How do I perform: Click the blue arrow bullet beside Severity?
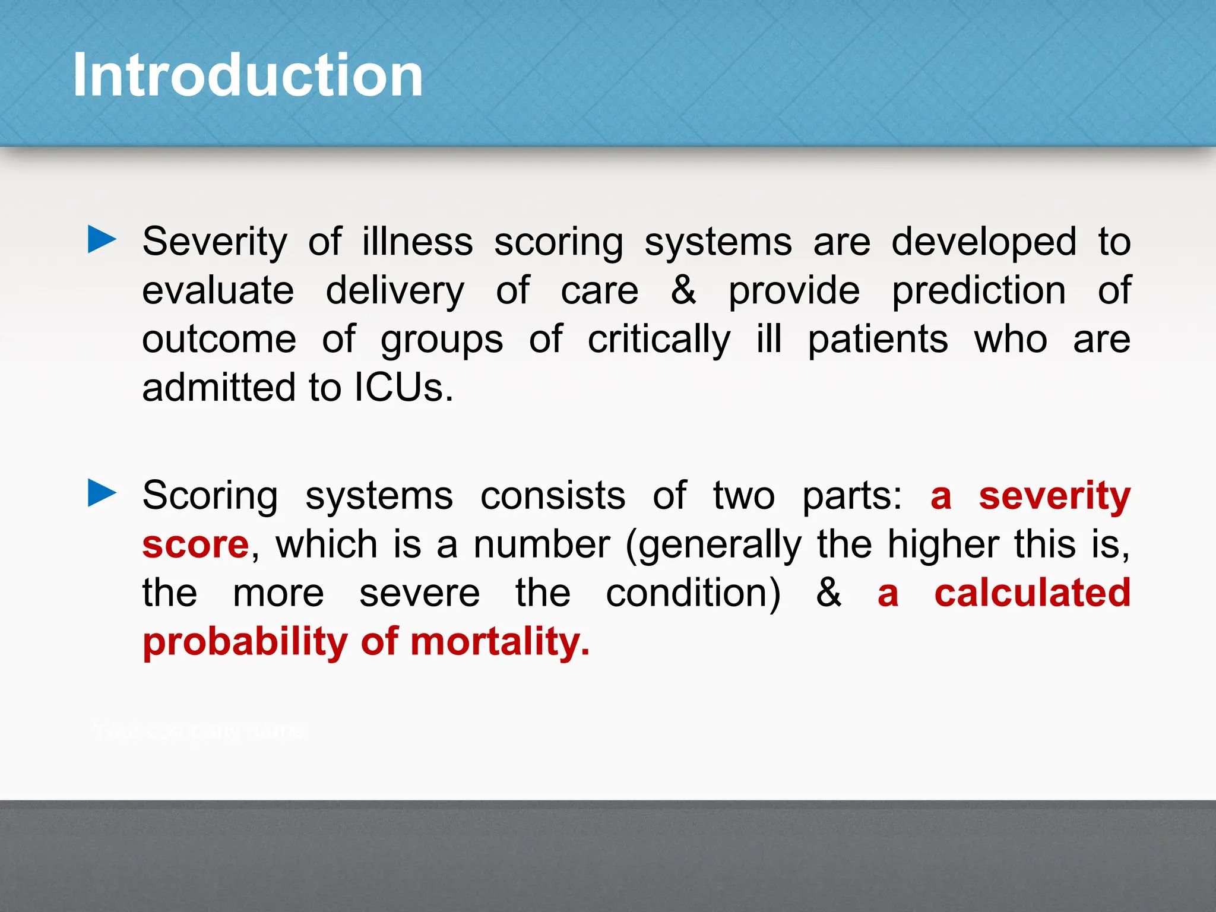[x=102, y=240]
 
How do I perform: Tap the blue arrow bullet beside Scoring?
[x=102, y=493]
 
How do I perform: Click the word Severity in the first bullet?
[x=214, y=242]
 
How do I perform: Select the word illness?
[x=417, y=242]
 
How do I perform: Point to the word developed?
[x=984, y=242]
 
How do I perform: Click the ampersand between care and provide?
[x=683, y=291]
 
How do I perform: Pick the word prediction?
[x=978, y=291]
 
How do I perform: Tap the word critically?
[x=659, y=340]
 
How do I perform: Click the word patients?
[x=878, y=340]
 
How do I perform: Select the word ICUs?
[x=404, y=388]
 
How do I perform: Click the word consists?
[x=552, y=496]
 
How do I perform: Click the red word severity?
[x=1054, y=496]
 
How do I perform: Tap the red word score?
[x=195, y=544]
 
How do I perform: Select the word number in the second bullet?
[x=541, y=544]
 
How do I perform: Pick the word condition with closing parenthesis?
[x=693, y=593]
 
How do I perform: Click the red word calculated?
[x=1032, y=593]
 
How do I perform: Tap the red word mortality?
[x=499, y=642]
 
